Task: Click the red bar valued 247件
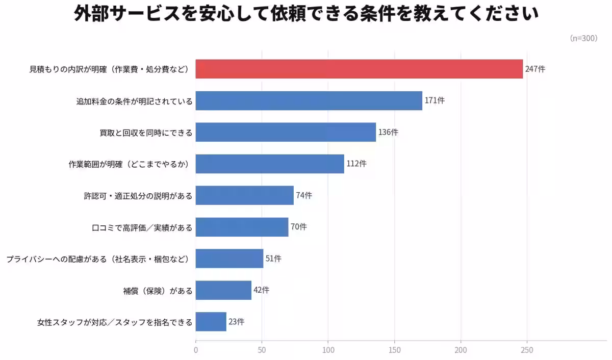tap(359, 69)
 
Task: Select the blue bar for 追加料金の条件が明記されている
tap(309, 100)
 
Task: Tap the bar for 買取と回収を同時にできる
tap(286, 132)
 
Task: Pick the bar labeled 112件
tap(270, 164)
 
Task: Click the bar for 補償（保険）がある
tap(223, 290)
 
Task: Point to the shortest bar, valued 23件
tap(211, 322)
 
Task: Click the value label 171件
tap(435, 100)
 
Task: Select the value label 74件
tap(304, 195)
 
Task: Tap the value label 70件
tap(299, 227)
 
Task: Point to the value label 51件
tap(273, 259)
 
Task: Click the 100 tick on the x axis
tap(328, 350)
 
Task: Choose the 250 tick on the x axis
tap(527, 350)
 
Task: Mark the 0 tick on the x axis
tap(196, 350)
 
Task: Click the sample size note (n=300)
tap(583, 38)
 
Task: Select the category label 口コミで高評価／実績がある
tap(142, 227)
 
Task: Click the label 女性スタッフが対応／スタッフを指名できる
tap(115, 322)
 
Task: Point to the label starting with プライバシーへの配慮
tap(98, 259)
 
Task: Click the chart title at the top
tap(306, 14)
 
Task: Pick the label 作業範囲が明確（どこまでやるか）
tap(130, 164)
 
